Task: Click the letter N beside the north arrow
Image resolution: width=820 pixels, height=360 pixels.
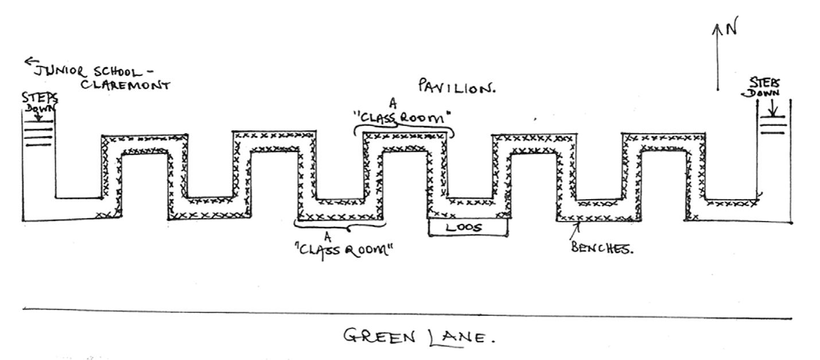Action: (730, 29)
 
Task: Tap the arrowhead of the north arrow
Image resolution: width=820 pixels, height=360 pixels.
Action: (717, 27)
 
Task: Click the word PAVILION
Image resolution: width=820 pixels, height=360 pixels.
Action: (457, 88)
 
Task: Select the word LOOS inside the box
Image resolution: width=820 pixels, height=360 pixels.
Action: (464, 227)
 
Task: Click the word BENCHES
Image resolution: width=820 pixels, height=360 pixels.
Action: (602, 250)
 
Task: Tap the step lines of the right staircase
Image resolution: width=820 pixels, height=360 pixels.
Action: (772, 125)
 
